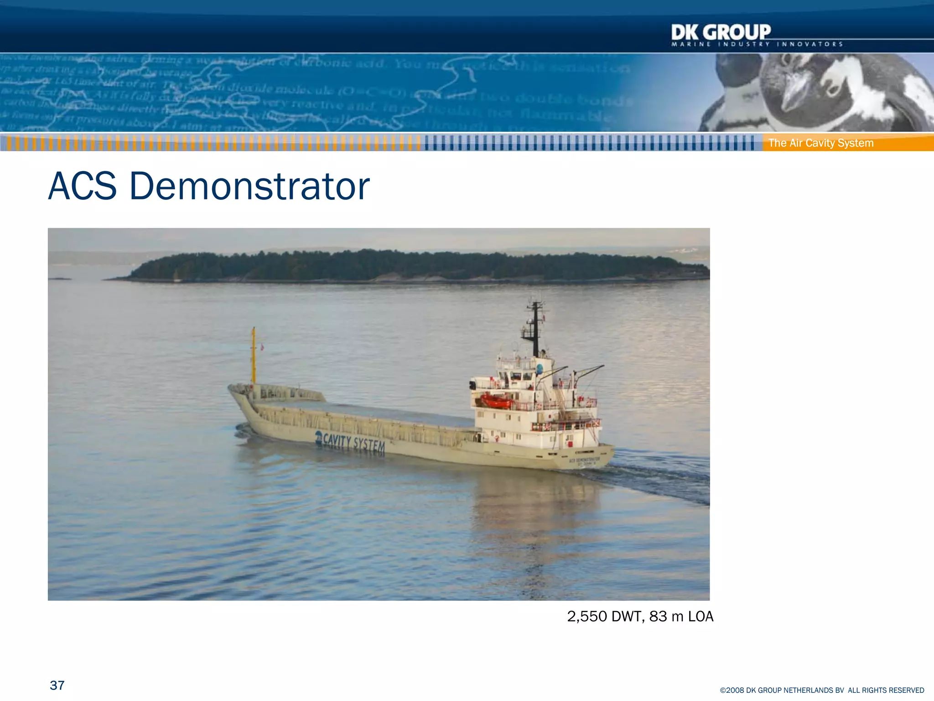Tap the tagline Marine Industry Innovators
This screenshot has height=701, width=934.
pos(757,44)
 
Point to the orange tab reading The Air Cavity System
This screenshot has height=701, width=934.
pos(821,143)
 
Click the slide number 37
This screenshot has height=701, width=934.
pos(57,685)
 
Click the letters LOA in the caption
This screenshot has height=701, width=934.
pos(700,617)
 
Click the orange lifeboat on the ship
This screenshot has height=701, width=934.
pos(496,401)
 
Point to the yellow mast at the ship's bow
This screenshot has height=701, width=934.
pos(254,356)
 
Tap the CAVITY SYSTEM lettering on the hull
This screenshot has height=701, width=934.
pos(354,443)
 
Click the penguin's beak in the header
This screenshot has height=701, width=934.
pos(796,91)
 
